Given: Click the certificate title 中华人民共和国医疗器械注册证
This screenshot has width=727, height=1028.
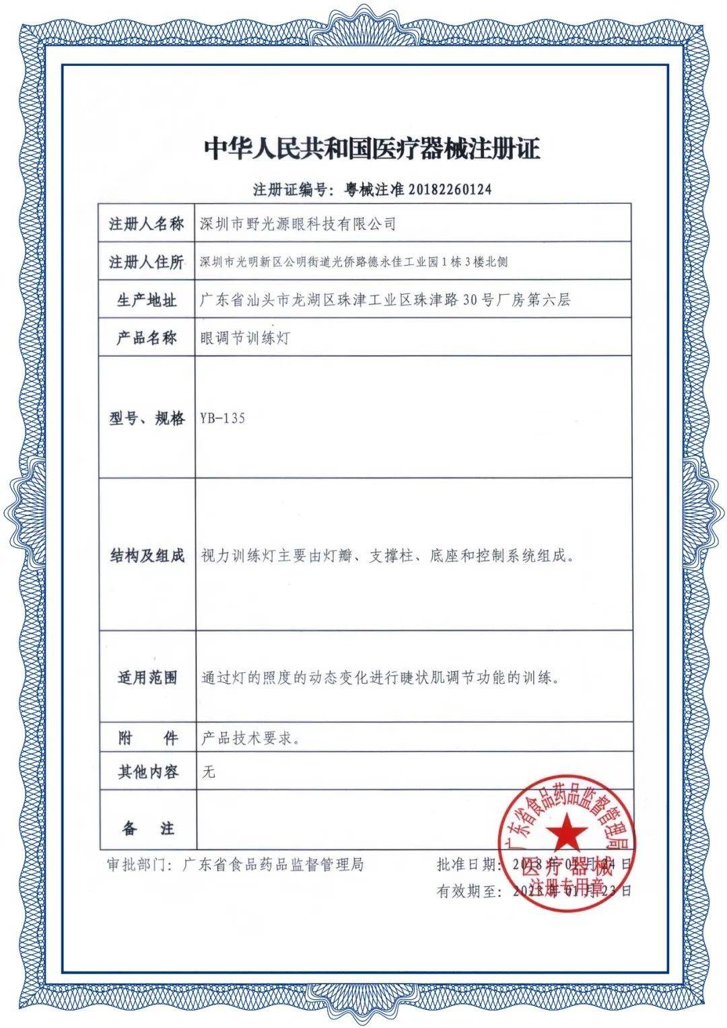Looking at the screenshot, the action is (372, 149).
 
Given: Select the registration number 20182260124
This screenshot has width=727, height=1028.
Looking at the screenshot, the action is (447, 190).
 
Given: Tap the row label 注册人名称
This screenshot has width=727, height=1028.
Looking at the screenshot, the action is (147, 225).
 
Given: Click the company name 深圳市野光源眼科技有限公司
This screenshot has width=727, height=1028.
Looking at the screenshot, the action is (298, 225).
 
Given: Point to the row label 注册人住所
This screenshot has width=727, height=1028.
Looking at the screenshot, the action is (147, 262).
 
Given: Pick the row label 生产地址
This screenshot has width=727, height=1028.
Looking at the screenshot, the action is (147, 300).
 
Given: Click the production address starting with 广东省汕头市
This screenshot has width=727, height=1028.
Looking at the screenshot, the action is (386, 300).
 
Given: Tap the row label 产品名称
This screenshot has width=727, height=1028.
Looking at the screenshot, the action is (147, 338).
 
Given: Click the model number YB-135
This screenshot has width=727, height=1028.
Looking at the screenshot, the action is (223, 418).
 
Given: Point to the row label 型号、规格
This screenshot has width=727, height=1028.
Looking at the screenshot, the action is (147, 418).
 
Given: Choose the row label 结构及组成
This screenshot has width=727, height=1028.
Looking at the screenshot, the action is (147, 556).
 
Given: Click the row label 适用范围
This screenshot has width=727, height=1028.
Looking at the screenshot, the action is (147, 678).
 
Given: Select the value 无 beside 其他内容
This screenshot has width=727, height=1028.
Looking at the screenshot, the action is (209, 772).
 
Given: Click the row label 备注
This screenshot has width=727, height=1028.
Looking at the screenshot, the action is (147, 829).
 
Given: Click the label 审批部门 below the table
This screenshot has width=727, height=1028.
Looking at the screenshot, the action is (137, 865).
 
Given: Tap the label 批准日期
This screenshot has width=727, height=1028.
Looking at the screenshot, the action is (468, 865).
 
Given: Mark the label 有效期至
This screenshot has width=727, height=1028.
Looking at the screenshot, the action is (468, 891).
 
